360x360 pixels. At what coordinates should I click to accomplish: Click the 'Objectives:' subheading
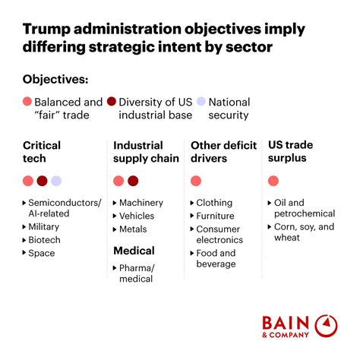pyautogui.click(x=55, y=79)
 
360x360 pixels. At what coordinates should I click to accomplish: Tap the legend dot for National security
pyautogui.click(x=201, y=102)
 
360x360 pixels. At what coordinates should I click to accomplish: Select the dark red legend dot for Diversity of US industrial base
pyautogui.click(x=112, y=102)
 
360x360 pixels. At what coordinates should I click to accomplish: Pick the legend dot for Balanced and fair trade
pyautogui.click(x=28, y=102)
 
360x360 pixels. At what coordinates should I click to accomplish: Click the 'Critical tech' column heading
pyautogui.click(x=42, y=151)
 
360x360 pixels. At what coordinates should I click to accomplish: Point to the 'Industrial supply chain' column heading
pyautogui.click(x=146, y=151)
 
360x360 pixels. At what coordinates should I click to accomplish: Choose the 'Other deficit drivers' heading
pyautogui.click(x=220, y=151)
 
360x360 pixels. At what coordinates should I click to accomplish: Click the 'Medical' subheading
pyautogui.click(x=134, y=251)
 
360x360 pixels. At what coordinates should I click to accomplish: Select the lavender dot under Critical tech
pyautogui.click(x=56, y=181)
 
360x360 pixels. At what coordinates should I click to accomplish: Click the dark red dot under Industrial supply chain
pyautogui.click(x=133, y=181)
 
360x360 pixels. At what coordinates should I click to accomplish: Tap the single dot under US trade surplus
pyautogui.click(x=273, y=181)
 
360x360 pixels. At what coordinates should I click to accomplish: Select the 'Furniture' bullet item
pyautogui.click(x=216, y=216)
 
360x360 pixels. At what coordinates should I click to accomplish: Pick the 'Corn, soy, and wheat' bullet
pyautogui.click(x=305, y=232)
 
